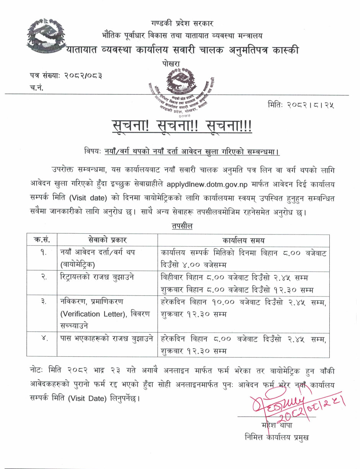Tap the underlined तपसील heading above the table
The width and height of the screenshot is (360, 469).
182,226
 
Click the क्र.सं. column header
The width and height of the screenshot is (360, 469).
42,241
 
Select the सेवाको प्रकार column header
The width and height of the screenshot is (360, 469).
107,241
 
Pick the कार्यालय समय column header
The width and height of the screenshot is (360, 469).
244,241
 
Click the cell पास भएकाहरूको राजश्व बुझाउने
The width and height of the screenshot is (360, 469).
107,339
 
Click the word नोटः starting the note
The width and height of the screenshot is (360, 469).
37,371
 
